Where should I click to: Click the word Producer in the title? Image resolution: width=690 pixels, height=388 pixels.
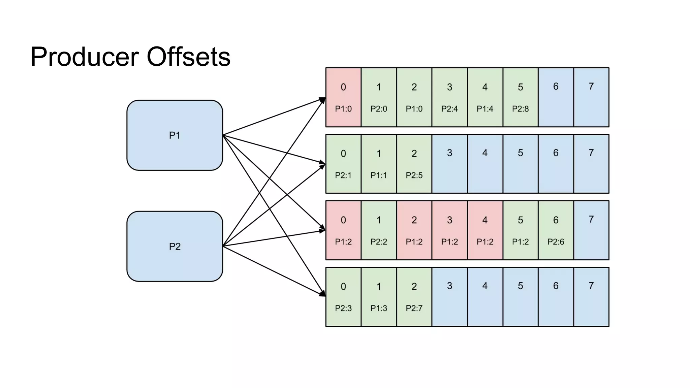click(x=84, y=57)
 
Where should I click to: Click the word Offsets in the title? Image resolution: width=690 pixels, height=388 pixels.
click(x=188, y=57)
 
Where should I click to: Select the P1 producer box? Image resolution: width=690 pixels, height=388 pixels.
click(x=175, y=135)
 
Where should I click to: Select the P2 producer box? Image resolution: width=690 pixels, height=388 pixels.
click(x=175, y=246)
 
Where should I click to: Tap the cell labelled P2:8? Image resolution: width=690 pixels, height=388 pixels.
click(x=520, y=97)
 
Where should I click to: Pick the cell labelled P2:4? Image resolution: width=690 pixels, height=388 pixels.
click(x=449, y=97)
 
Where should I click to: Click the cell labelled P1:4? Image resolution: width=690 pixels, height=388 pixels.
click(x=485, y=97)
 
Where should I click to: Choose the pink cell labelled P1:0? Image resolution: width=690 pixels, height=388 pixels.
click(x=343, y=97)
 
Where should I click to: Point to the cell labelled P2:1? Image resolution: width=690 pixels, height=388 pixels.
click(x=343, y=164)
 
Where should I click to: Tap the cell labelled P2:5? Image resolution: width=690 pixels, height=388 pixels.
click(x=414, y=164)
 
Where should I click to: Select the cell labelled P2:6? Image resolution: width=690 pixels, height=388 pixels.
click(x=556, y=230)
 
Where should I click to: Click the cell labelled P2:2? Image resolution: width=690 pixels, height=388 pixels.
click(x=379, y=230)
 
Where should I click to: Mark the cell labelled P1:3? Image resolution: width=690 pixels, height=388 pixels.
click(x=379, y=297)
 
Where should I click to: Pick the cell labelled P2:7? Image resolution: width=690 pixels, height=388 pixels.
click(x=414, y=297)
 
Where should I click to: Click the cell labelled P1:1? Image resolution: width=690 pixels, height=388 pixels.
click(x=379, y=164)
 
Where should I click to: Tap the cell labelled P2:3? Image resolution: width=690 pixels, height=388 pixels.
click(x=343, y=297)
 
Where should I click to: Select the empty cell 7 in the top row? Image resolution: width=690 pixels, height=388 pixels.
click(x=591, y=97)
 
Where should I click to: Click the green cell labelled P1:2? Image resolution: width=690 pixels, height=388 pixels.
click(x=520, y=230)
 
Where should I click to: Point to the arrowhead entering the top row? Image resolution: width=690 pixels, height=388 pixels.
click(x=322, y=100)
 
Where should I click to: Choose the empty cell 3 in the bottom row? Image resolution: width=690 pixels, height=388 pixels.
click(x=449, y=297)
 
